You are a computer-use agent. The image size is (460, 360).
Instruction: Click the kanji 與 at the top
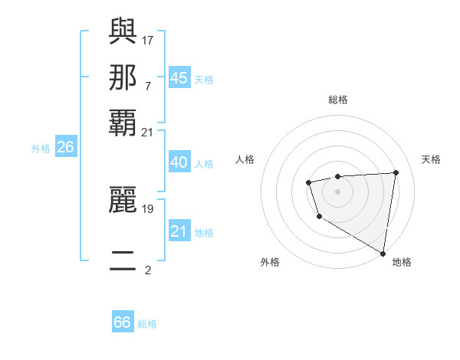point(123,32)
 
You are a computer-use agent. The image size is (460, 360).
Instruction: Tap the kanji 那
point(123,77)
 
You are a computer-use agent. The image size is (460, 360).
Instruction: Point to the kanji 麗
point(123,201)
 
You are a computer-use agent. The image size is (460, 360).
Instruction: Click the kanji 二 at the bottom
point(123,261)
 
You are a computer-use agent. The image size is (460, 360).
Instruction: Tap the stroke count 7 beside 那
point(148,86)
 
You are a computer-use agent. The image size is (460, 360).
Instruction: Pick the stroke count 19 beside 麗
point(148,208)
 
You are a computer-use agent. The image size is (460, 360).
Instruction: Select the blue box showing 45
point(179,78)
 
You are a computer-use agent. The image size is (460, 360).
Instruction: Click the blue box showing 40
point(179,162)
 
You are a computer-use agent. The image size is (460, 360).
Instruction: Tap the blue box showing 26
point(65,148)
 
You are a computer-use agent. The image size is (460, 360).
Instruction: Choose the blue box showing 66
point(123,322)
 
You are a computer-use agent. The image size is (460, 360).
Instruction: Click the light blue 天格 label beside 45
point(204,80)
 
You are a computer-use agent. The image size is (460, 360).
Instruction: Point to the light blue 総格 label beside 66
point(147,324)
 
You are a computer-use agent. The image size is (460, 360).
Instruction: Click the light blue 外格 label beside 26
point(41,149)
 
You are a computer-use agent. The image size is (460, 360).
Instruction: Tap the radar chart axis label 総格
point(337,100)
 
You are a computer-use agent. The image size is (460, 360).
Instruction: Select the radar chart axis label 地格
point(402,262)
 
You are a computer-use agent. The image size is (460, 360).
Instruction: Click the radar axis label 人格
point(245,159)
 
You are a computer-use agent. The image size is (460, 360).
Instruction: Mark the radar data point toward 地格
point(383,254)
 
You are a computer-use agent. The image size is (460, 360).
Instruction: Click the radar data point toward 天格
point(396,172)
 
